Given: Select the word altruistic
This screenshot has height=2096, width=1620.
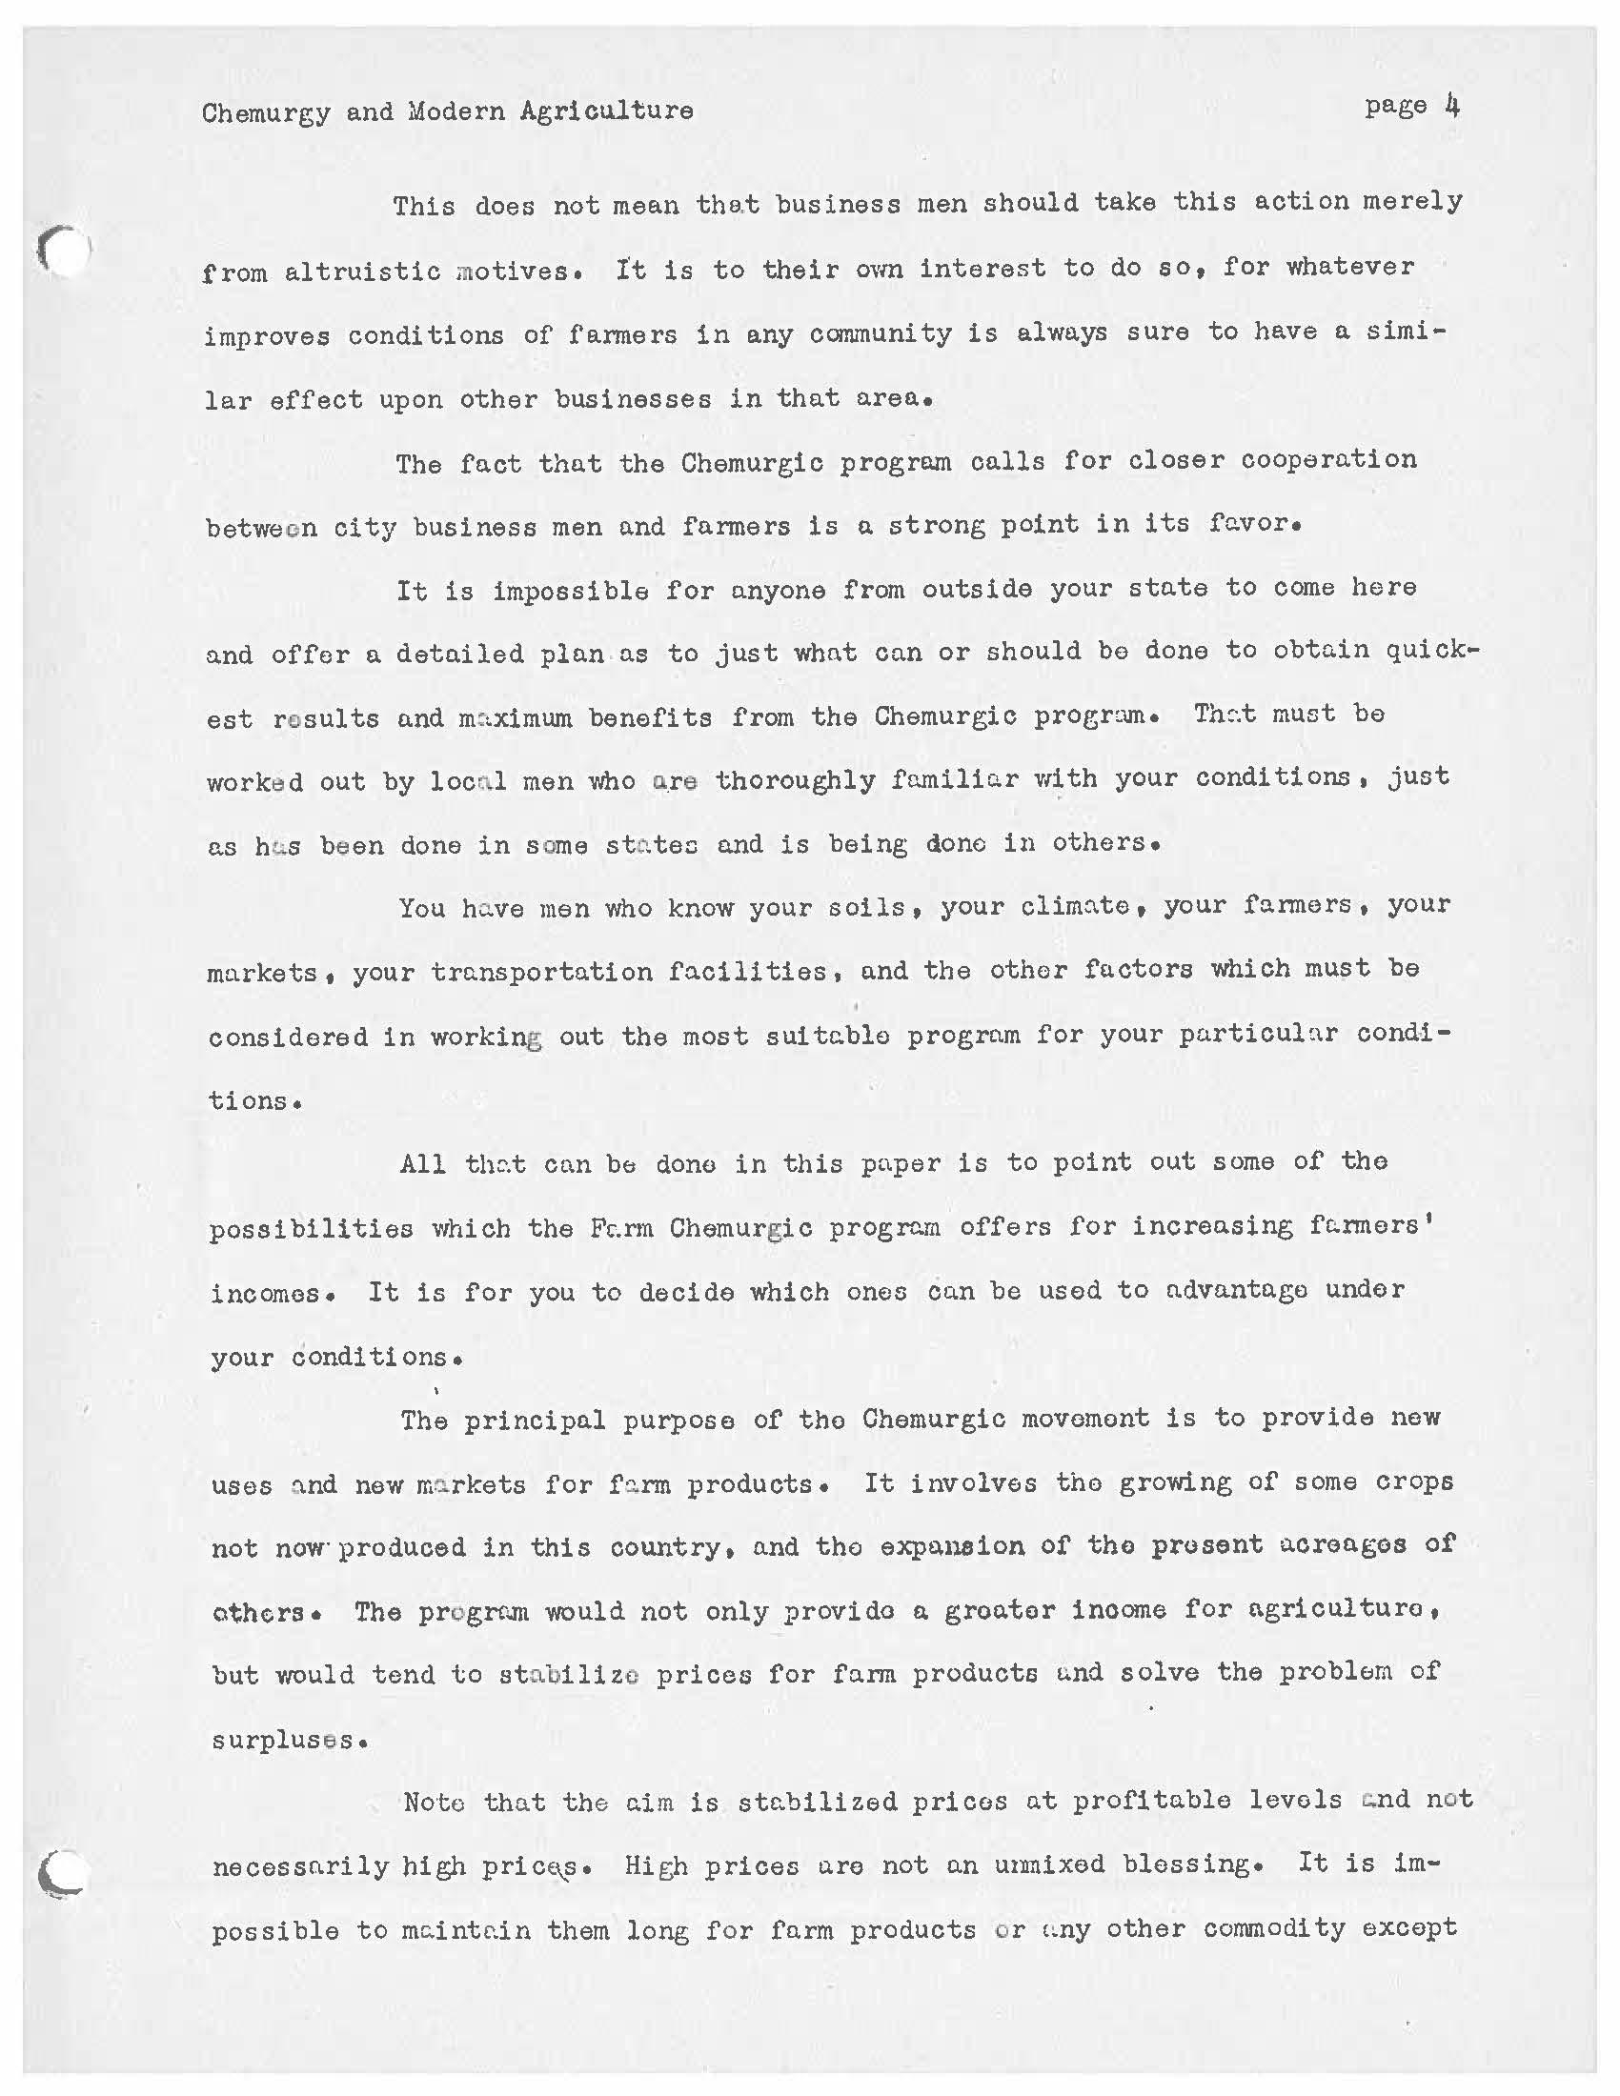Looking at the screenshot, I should click(x=362, y=272).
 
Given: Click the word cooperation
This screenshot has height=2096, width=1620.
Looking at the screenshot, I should click(x=1328, y=460).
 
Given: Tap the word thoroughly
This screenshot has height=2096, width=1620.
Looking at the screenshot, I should click(x=795, y=779).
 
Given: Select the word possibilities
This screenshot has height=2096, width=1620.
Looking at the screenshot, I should click(x=311, y=1228).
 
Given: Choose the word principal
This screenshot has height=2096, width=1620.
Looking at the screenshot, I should click(x=535, y=1420).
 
